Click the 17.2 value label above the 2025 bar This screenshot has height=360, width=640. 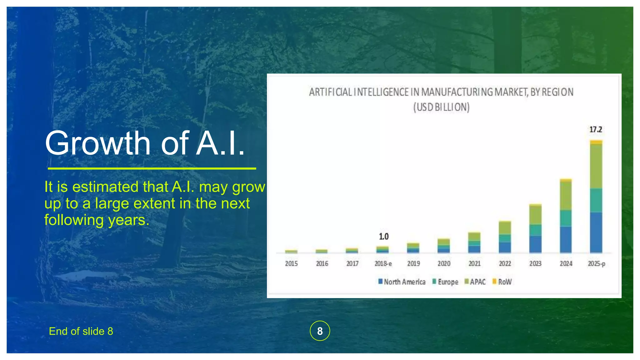(x=596, y=129)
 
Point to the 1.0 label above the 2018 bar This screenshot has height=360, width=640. (x=384, y=237)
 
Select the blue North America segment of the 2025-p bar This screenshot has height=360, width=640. (x=596, y=232)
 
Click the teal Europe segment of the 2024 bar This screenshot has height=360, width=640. (x=566, y=218)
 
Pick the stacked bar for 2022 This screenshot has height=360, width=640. (x=505, y=237)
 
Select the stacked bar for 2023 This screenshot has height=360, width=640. (x=535, y=228)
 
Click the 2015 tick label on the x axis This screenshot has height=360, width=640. (x=291, y=263)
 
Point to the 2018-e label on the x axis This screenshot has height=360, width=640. (x=383, y=263)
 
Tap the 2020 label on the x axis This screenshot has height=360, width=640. (x=444, y=263)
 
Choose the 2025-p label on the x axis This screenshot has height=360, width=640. (x=596, y=263)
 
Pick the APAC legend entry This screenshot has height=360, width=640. (x=475, y=282)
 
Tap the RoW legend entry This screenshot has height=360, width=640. (x=502, y=282)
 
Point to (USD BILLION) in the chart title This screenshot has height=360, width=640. (x=441, y=107)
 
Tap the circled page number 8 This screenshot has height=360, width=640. (x=320, y=331)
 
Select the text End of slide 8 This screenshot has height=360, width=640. (x=81, y=331)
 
